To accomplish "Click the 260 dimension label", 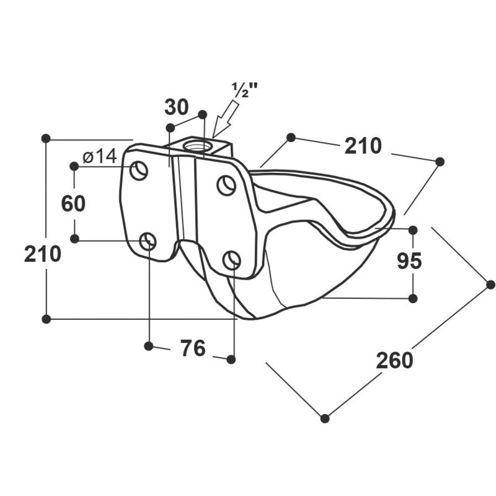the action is [394, 361].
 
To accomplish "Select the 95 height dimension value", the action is [409, 261].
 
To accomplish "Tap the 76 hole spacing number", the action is [193, 348].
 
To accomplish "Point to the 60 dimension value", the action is [73, 203].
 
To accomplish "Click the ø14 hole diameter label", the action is [100, 157].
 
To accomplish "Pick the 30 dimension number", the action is [177, 107].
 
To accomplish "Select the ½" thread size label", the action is [245, 90].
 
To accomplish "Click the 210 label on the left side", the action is [42, 254].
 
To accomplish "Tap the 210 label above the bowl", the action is [363, 146].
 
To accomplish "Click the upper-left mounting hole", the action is [139, 170].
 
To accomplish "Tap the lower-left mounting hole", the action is [148, 241].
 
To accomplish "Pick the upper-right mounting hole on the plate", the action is [226, 185].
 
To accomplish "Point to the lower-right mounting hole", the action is [232, 260].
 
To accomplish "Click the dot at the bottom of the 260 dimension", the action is [325, 418].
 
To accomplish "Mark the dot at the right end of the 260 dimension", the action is [490, 285].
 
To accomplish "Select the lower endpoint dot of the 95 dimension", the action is [413, 298].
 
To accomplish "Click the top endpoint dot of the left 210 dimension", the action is [46, 138].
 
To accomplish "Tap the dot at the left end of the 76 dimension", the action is [148, 346].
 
